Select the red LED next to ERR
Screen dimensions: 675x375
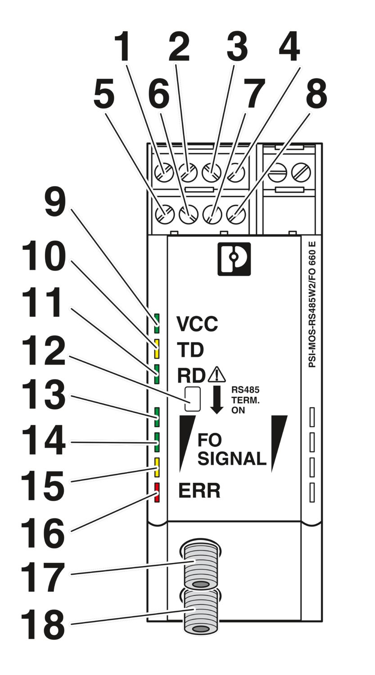(x=157, y=492)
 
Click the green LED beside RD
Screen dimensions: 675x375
(x=157, y=373)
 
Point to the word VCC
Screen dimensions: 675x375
(x=197, y=323)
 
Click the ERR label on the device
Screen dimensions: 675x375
(x=199, y=491)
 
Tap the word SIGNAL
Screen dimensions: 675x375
(x=232, y=459)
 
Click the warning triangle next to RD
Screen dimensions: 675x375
(x=217, y=374)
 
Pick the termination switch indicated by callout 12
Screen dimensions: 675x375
(x=192, y=398)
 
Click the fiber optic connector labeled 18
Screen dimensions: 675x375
(x=200, y=612)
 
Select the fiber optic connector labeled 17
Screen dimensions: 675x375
(x=200, y=565)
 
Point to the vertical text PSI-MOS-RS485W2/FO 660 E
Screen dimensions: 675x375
(x=312, y=306)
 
